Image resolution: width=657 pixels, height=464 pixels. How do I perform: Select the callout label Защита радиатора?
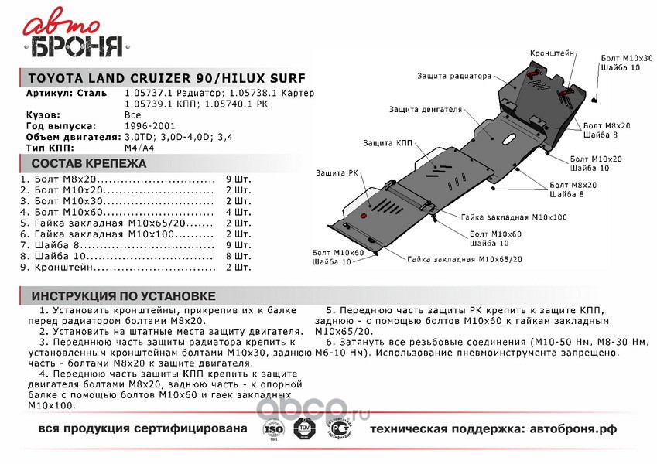454,77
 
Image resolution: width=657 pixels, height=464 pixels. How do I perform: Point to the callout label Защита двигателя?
421,109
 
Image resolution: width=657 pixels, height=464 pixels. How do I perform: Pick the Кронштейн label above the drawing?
552,53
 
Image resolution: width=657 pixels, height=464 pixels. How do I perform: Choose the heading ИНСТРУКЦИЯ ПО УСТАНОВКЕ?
123,296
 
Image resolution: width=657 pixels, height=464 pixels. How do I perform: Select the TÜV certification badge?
305,428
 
